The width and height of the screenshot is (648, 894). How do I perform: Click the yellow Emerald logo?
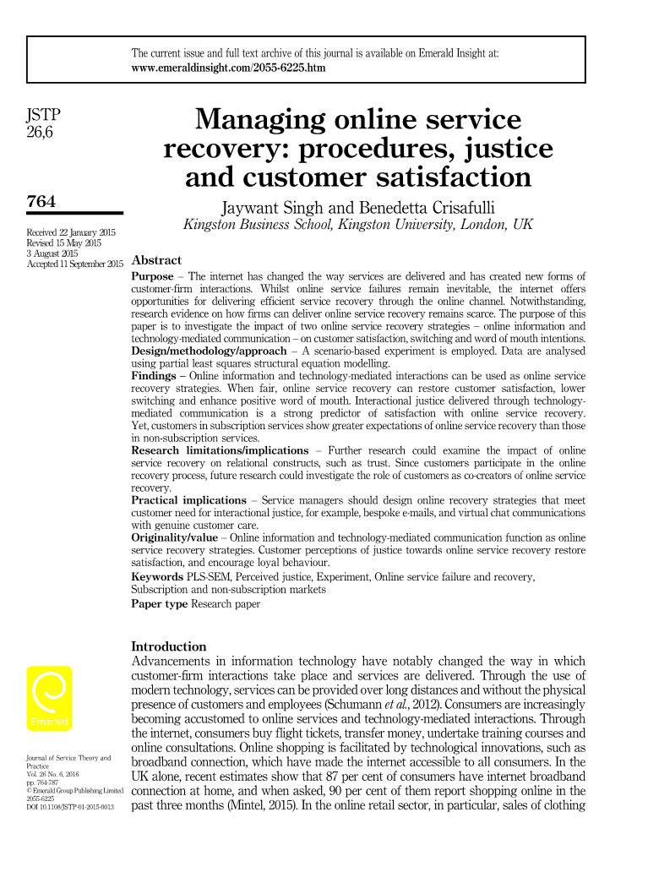(x=50, y=699)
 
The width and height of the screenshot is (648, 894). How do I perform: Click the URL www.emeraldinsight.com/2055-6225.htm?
(x=228, y=67)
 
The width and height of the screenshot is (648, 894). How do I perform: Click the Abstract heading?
(x=157, y=260)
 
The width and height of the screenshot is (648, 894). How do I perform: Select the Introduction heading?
(x=170, y=646)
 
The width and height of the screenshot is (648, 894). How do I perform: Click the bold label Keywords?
(x=160, y=576)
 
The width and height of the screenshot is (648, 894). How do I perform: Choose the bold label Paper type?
(x=160, y=603)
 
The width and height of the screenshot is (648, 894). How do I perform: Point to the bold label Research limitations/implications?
(x=221, y=450)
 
